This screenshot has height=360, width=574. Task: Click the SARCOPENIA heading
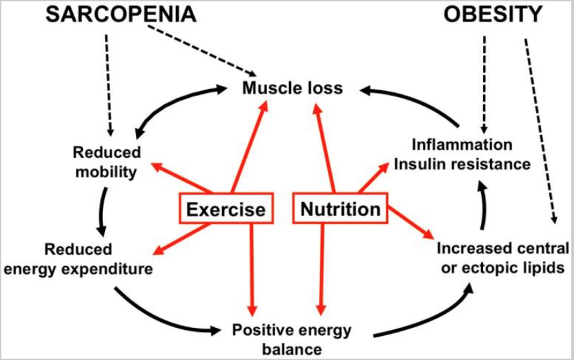tap(121, 15)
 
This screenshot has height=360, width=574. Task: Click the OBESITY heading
tap(493, 15)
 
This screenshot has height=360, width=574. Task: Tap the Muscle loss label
tap(292, 88)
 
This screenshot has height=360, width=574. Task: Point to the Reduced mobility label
tap(106, 162)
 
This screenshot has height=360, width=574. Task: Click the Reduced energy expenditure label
tap(78, 259)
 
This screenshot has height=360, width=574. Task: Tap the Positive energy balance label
tap(292, 339)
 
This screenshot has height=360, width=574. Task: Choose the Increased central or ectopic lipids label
tap(503, 258)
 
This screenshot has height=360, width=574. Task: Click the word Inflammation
tap(462, 145)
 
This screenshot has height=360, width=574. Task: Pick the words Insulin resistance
tap(462, 164)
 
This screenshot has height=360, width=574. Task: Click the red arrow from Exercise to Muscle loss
tap(250, 146)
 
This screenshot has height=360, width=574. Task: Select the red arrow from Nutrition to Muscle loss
tap(324, 148)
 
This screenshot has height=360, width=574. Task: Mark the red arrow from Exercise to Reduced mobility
tap(181, 177)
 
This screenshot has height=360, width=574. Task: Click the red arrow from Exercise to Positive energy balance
tap(252, 270)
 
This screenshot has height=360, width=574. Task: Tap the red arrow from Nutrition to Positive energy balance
tap(321, 270)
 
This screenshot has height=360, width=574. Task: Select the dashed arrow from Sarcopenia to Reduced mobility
tap(108, 85)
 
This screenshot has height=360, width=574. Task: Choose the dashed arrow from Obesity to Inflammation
tap(484, 84)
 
